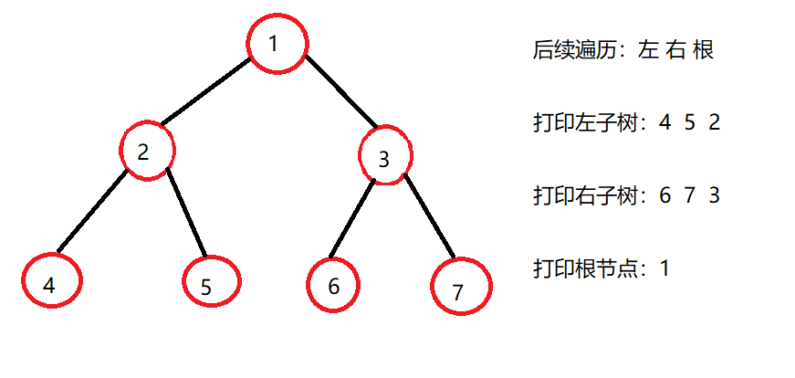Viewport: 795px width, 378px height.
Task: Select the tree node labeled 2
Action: click(x=146, y=151)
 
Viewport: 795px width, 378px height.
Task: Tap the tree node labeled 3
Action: click(x=385, y=157)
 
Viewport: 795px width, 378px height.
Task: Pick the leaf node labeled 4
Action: click(x=49, y=281)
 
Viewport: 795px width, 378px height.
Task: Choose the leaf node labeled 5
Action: click(x=210, y=283)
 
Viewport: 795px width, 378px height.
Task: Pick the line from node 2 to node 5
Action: click(x=185, y=214)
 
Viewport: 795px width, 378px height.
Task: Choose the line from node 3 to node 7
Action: click(x=429, y=217)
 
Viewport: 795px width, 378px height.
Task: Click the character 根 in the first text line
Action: click(x=702, y=49)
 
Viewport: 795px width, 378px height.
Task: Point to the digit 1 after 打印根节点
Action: click(x=664, y=268)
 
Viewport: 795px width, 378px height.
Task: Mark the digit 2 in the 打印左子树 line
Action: click(x=714, y=122)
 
